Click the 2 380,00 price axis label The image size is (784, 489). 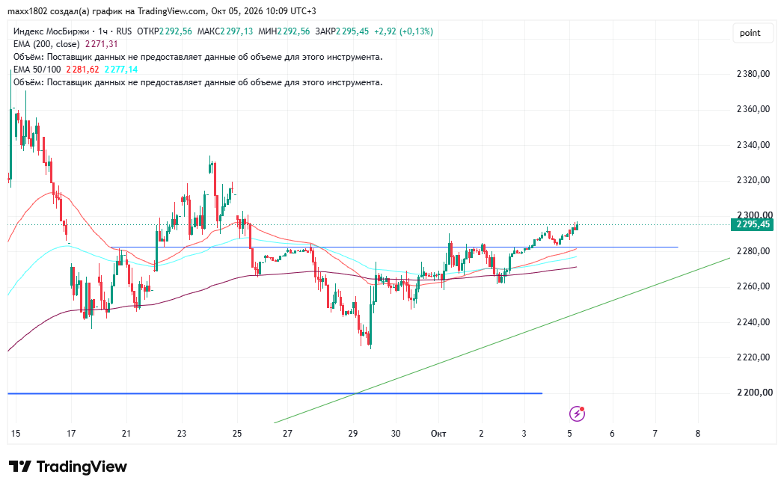click(753, 74)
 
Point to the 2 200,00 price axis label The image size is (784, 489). click(753, 393)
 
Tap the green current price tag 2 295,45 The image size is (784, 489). click(752, 224)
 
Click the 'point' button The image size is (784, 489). click(750, 33)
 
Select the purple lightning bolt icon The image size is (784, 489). click(577, 413)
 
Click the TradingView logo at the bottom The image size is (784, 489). click(68, 467)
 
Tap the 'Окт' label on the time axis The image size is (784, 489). click(438, 433)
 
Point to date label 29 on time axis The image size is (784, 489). click(353, 433)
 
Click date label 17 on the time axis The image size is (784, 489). click(71, 433)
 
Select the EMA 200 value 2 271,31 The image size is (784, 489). click(102, 44)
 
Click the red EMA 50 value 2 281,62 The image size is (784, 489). click(82, 70)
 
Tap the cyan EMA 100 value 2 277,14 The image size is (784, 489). click(121, 70)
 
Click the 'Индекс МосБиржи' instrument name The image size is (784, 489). click(51, 31)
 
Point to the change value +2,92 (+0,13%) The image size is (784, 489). click(403, 31)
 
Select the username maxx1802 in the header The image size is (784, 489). click(28, 11)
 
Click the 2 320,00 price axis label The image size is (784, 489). click(753, 180)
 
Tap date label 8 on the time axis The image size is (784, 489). click(698, 433)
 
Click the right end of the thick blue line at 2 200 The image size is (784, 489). click(542, 393)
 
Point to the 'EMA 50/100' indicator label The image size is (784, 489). click(37, 70)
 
